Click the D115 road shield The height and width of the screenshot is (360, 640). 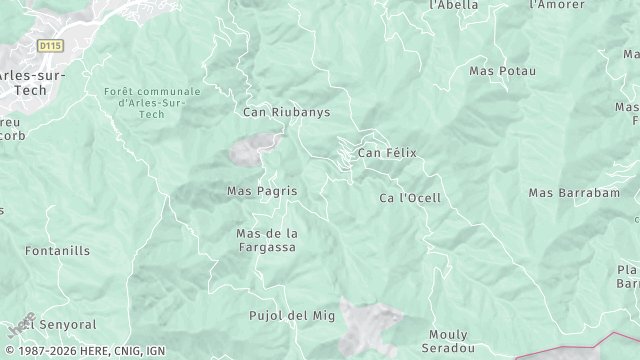50,46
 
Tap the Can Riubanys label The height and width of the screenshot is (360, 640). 286,112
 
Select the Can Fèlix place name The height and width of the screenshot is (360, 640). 387,153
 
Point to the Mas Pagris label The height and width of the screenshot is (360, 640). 262,190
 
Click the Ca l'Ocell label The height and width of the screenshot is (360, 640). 410,198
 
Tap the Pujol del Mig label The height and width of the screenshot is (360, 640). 291,316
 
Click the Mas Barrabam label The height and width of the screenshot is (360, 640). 574,192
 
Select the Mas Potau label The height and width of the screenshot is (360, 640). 502,71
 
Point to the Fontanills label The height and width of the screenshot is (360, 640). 57,251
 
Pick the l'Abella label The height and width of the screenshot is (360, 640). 453,5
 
